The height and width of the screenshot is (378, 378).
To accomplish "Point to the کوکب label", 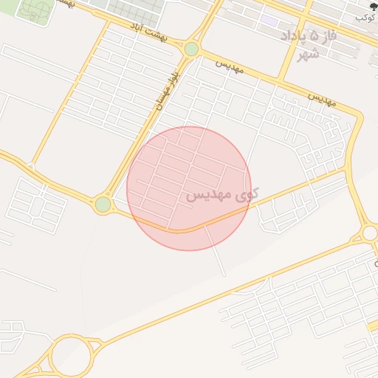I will pyautogui.click(x=365, y=16).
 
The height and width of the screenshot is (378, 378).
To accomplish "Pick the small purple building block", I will pyautogui.click(x=269, y=21).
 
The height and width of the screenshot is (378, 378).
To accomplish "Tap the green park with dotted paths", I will pyautogui.click(x=35, y=10).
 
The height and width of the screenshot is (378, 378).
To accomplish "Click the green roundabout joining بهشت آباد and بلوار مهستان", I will pyautogui.click(x=192, y=49).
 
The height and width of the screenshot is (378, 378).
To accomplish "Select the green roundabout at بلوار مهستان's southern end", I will pyautogui.click(x=103, y=204).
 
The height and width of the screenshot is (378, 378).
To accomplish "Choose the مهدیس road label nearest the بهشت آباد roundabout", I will pyautogui.click(x=230, y=67).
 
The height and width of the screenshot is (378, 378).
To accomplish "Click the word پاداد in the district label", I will pyautogui.click(x=295, y=36).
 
